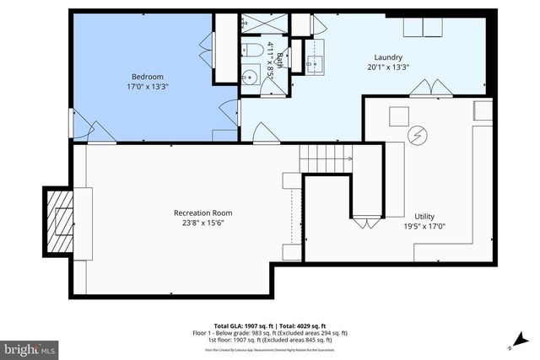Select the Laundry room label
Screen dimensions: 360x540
[390, 57]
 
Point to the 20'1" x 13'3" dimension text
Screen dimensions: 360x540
[390, 67]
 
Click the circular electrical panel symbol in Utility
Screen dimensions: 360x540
[417, 134]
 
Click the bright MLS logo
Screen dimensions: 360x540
[30, 347]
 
